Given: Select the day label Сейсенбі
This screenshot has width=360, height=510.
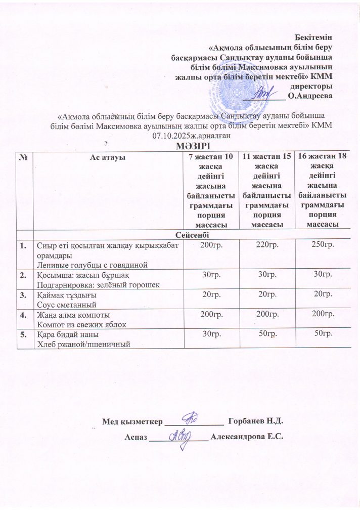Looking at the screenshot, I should click(x=190, y=235).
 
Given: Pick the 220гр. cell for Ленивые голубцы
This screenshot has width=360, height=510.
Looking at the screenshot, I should click(x=267, y=245).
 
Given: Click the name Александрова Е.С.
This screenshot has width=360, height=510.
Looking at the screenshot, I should click(x=248, y=437).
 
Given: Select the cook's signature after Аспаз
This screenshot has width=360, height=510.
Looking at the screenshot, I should click(x=179, y=436).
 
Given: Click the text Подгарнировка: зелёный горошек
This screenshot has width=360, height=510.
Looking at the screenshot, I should click(x=94, y=284).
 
